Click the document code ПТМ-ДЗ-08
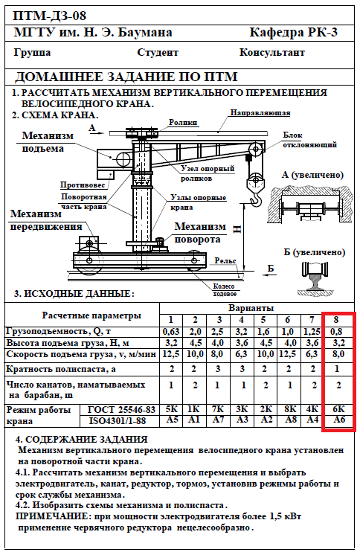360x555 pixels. click(50, 16)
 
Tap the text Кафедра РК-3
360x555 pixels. click(294, 32)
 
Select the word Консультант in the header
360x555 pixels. click(271, 52)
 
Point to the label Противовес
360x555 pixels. click(83, 185)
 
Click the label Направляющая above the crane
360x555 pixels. click(260, 113)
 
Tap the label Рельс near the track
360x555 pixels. click(225, 260)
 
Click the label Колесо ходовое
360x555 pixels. click(224, 290)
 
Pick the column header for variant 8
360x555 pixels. click(336, 320)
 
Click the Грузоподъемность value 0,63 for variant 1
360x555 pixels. click(171, 332)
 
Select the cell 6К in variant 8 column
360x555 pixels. click(338, 409)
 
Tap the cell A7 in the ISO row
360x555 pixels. click(218, 420)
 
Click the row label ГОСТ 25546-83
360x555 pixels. click(121, 409)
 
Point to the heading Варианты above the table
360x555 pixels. click(251, 308)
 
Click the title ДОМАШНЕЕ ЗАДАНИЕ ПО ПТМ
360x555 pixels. click(126, 77)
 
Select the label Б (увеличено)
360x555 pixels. click(314, 252)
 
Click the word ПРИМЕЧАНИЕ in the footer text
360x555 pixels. click(54, 516)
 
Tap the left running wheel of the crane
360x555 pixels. click(89, 261)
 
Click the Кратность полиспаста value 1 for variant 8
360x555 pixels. click(337, 369)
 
